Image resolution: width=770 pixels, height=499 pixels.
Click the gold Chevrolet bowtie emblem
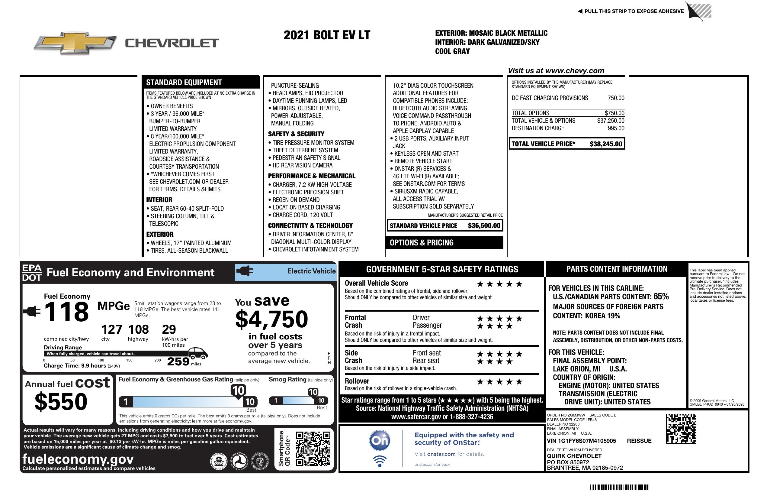[75, 43]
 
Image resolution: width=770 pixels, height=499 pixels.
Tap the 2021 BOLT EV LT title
[327, 35]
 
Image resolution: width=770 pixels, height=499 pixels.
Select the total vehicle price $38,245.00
[606, 144]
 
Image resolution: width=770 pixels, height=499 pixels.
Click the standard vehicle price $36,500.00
[484, 226]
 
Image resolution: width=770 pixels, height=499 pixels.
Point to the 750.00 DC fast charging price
[616, 98]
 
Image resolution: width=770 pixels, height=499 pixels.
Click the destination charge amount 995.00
[616, 128]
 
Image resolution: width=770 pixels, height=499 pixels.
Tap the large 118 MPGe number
[66, 312]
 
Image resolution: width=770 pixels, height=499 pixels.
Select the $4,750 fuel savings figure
[272, 319]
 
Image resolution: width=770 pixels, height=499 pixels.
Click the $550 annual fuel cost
[61, 402]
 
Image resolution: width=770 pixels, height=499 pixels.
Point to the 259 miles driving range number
[178, 361]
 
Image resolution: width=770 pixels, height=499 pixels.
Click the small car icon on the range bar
[198, 353]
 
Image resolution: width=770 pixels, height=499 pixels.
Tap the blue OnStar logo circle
[380, 440]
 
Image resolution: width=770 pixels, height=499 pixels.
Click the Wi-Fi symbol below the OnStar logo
[380, 461]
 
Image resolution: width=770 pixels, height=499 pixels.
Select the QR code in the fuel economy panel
[313, 449]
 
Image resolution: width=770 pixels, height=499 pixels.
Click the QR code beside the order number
[681, 429]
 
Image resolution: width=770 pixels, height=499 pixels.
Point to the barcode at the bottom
[620, 487]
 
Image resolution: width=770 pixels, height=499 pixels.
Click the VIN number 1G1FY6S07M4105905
[581, 441]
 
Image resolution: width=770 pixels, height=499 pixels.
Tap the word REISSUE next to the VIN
[639, 441]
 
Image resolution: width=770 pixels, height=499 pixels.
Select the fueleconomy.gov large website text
[78, 459]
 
